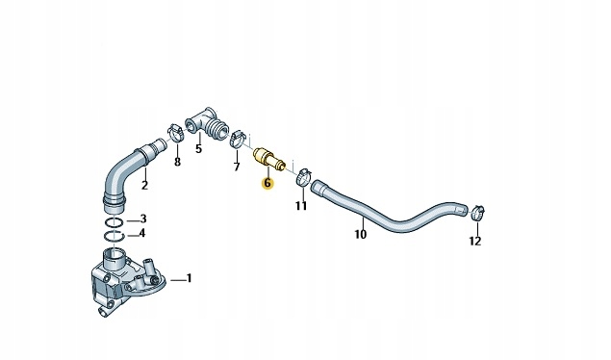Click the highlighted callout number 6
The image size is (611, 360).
[267, 182]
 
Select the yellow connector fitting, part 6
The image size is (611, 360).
[266, 157]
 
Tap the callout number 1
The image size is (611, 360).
[190, 279]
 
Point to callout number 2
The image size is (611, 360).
[145, 186]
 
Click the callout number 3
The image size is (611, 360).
[143, 219]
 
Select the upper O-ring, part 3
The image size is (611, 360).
[114, 220]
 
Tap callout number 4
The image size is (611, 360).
[143, 232]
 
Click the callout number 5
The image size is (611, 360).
[199, 148]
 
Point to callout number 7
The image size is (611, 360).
[238, 167]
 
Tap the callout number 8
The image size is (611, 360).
[176, 162]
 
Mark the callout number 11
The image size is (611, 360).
[301, 205]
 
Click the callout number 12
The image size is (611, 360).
[475, 241]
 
